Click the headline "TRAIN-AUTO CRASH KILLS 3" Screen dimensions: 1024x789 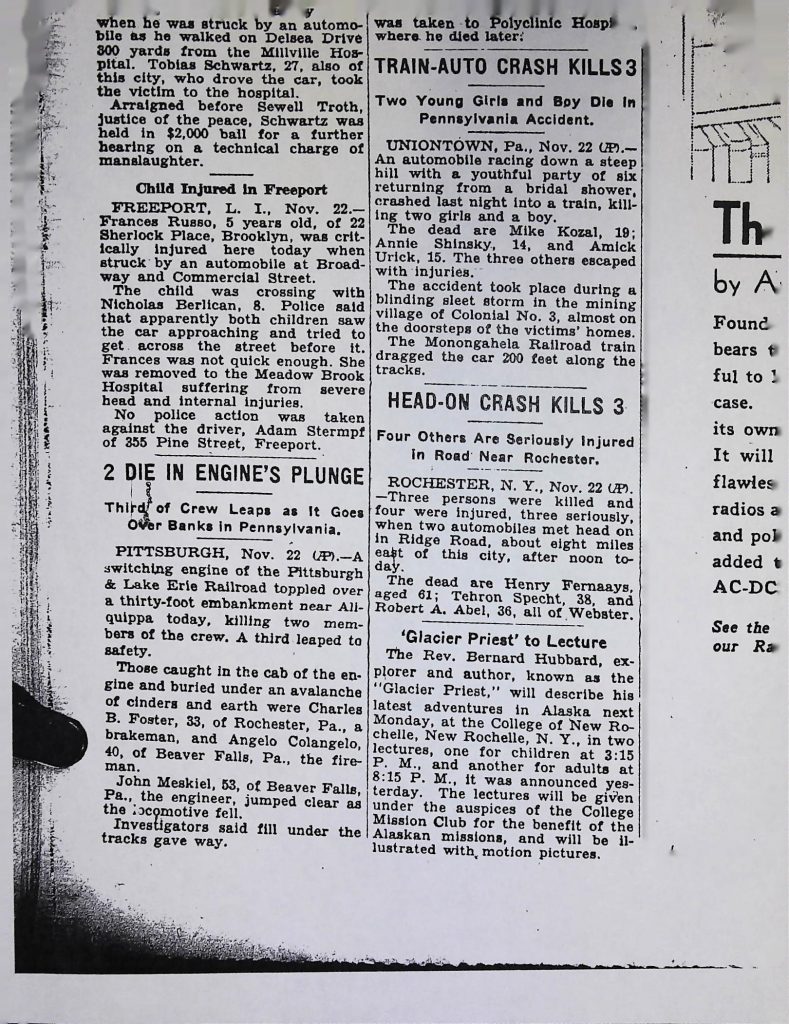click(x=505, y=71)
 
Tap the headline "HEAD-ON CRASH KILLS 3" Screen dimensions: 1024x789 click(x=505, y=404)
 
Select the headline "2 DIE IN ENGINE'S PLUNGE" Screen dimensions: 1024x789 click(x=233, y=473)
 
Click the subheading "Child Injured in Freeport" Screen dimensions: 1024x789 click(x=231, y=189)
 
